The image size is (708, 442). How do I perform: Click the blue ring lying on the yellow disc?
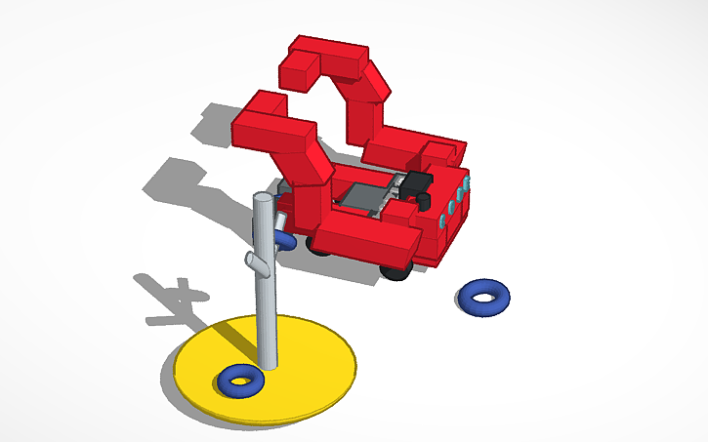(x=240, y=379)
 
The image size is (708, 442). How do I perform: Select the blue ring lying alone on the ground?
(x=483, y=297)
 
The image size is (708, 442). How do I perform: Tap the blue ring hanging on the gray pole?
(x=284, y=238)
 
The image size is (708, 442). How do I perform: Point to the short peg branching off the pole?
(x=255, y=262)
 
